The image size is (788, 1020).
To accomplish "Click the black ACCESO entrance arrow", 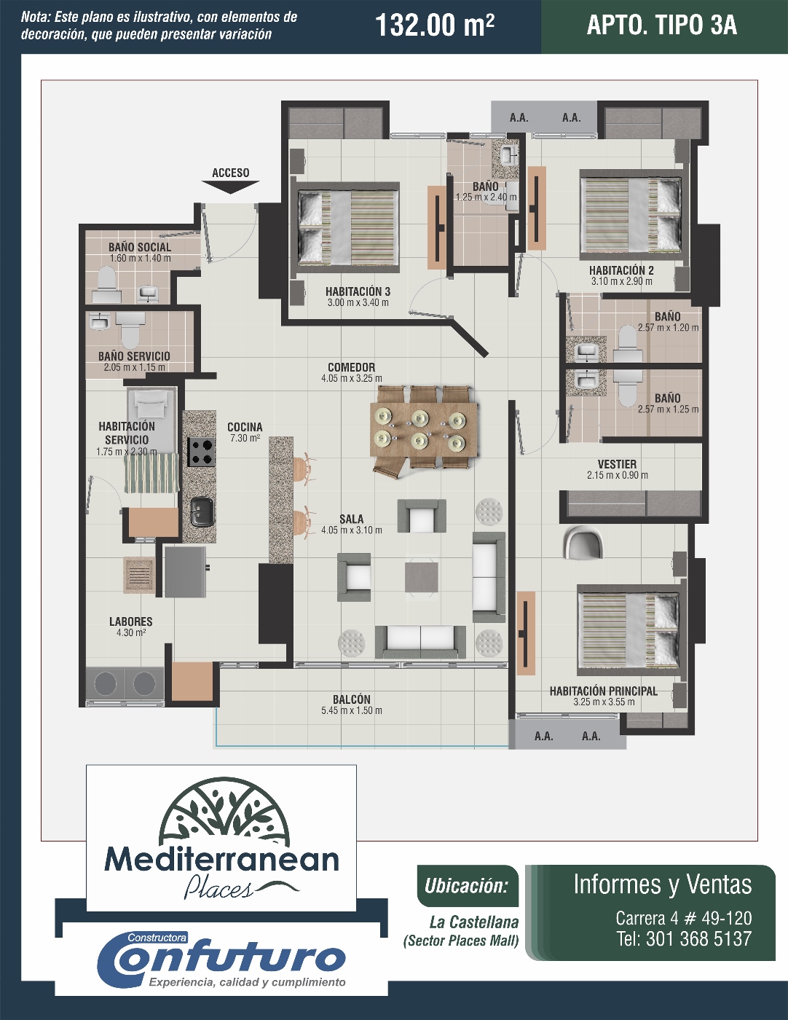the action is (230, 187).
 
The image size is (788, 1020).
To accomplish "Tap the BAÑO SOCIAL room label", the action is (140, 247).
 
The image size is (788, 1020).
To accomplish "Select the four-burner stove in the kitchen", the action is (202, 451).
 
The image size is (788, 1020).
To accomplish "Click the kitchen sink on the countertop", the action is (202, 511).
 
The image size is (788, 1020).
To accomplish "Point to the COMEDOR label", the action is (351, 367).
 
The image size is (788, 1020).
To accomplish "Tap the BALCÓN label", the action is (351, 699).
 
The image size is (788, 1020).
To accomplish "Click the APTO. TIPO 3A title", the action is (662, 25).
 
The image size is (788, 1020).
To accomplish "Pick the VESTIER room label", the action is (618, 464).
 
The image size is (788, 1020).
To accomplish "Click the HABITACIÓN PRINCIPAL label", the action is (604, 691).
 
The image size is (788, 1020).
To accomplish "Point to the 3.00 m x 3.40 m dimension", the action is (358, 303).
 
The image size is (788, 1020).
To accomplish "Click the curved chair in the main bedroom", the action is (584, 542).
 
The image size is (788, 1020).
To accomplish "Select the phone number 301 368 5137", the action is (699, 939).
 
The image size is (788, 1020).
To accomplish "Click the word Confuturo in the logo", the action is (221, 960).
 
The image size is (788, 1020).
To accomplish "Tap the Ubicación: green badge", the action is (467, 886).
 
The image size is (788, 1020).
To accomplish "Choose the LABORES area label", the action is (131, 621).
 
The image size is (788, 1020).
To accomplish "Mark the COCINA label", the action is (245, 427).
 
